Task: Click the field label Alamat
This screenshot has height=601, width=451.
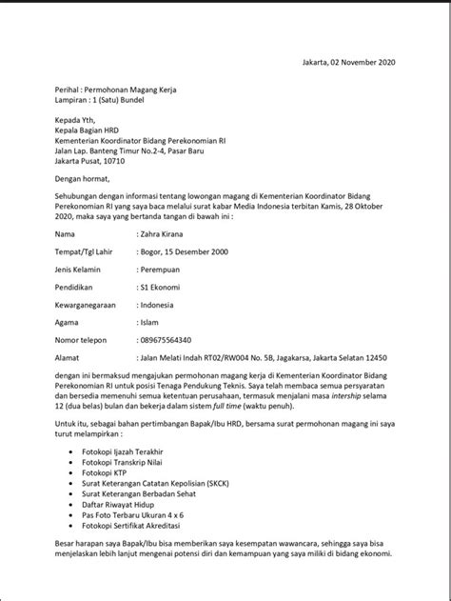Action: point(69,360)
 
